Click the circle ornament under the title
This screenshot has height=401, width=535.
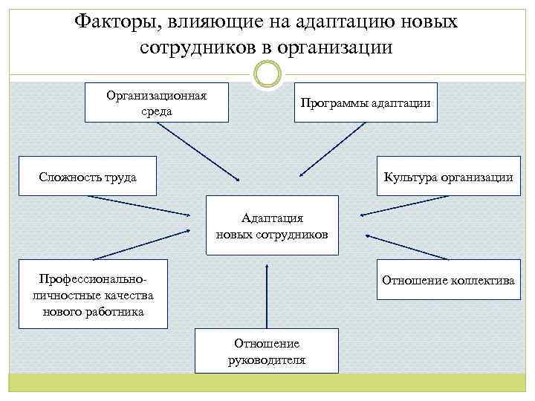[x=267, y=74]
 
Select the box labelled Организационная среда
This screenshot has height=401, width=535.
[x=156, y=103]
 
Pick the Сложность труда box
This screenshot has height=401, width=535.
[x=88, y=176]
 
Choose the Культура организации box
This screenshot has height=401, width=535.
[x=447, y=176]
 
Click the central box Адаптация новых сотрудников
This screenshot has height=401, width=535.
[x=271, y=226]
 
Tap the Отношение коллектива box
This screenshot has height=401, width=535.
[x=448, y=280]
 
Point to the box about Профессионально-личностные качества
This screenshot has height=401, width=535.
[x=93, y=294]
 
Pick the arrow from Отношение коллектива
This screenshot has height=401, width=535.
[x=407, y=247]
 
